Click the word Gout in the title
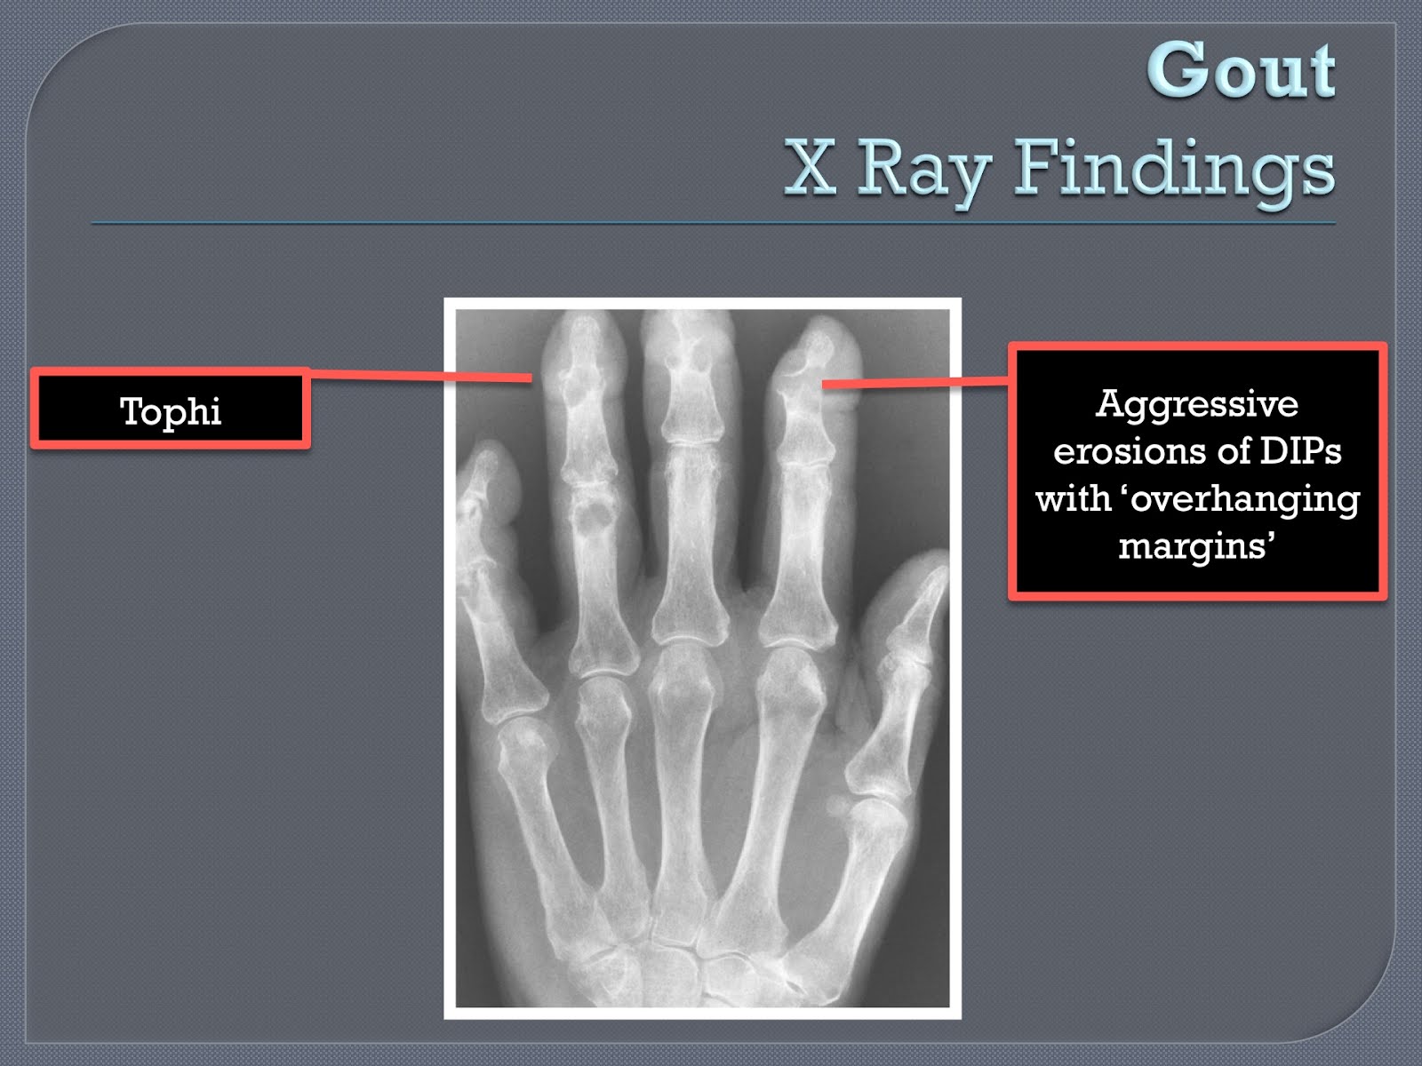(x=1241, y=71)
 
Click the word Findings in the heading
(x=1174, y=169)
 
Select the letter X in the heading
(x=811, y=168)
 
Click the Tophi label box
(x=171, y=410)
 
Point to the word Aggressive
(x=1196, y=404)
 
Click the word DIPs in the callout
(x=1301, y=451)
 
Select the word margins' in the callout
(x=1196, y=545)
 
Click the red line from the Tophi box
(x=418, y=376)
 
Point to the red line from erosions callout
(x=915, y=383)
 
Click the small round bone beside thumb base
(x=835, y=807)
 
